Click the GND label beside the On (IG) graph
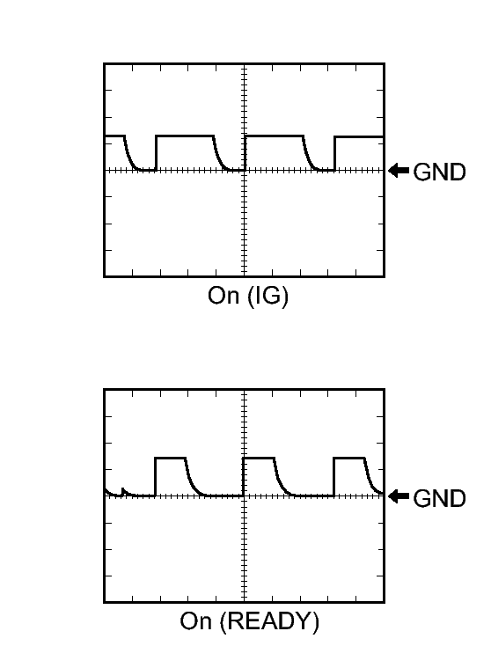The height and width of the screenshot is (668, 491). tap(439, 173)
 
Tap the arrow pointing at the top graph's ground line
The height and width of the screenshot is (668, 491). tap(399, 171)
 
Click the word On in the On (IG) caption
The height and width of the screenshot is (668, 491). tap(224, 295)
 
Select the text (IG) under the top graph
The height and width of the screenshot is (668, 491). tap(267, 296)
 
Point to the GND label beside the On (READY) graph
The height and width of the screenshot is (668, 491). tap(439, 498)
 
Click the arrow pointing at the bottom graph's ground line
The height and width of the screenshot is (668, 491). tap(399, 496)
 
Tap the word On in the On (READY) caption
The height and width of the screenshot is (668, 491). tap(195, 620)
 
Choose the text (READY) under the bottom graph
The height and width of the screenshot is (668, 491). tap(269, 621)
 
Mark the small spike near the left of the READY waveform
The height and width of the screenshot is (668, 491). tap(122, 491)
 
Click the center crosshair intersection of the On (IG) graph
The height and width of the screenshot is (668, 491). tap(245, 171)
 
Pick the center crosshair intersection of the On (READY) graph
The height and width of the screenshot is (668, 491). tap(245, 495)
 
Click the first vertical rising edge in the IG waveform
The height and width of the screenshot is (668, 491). tap(156, 153)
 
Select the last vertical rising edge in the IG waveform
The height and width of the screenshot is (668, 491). tap(334, 153)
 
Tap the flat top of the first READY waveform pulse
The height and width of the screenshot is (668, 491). tap(171, 458)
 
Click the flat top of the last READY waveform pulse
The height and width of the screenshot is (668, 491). tap(349, 458)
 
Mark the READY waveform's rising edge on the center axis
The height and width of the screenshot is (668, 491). tap(243, 477)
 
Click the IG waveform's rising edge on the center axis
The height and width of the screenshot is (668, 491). tap(245, 153)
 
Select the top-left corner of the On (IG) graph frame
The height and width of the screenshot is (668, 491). tap(104, 63)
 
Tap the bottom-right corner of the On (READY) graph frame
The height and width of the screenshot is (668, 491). tap(385, 602)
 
